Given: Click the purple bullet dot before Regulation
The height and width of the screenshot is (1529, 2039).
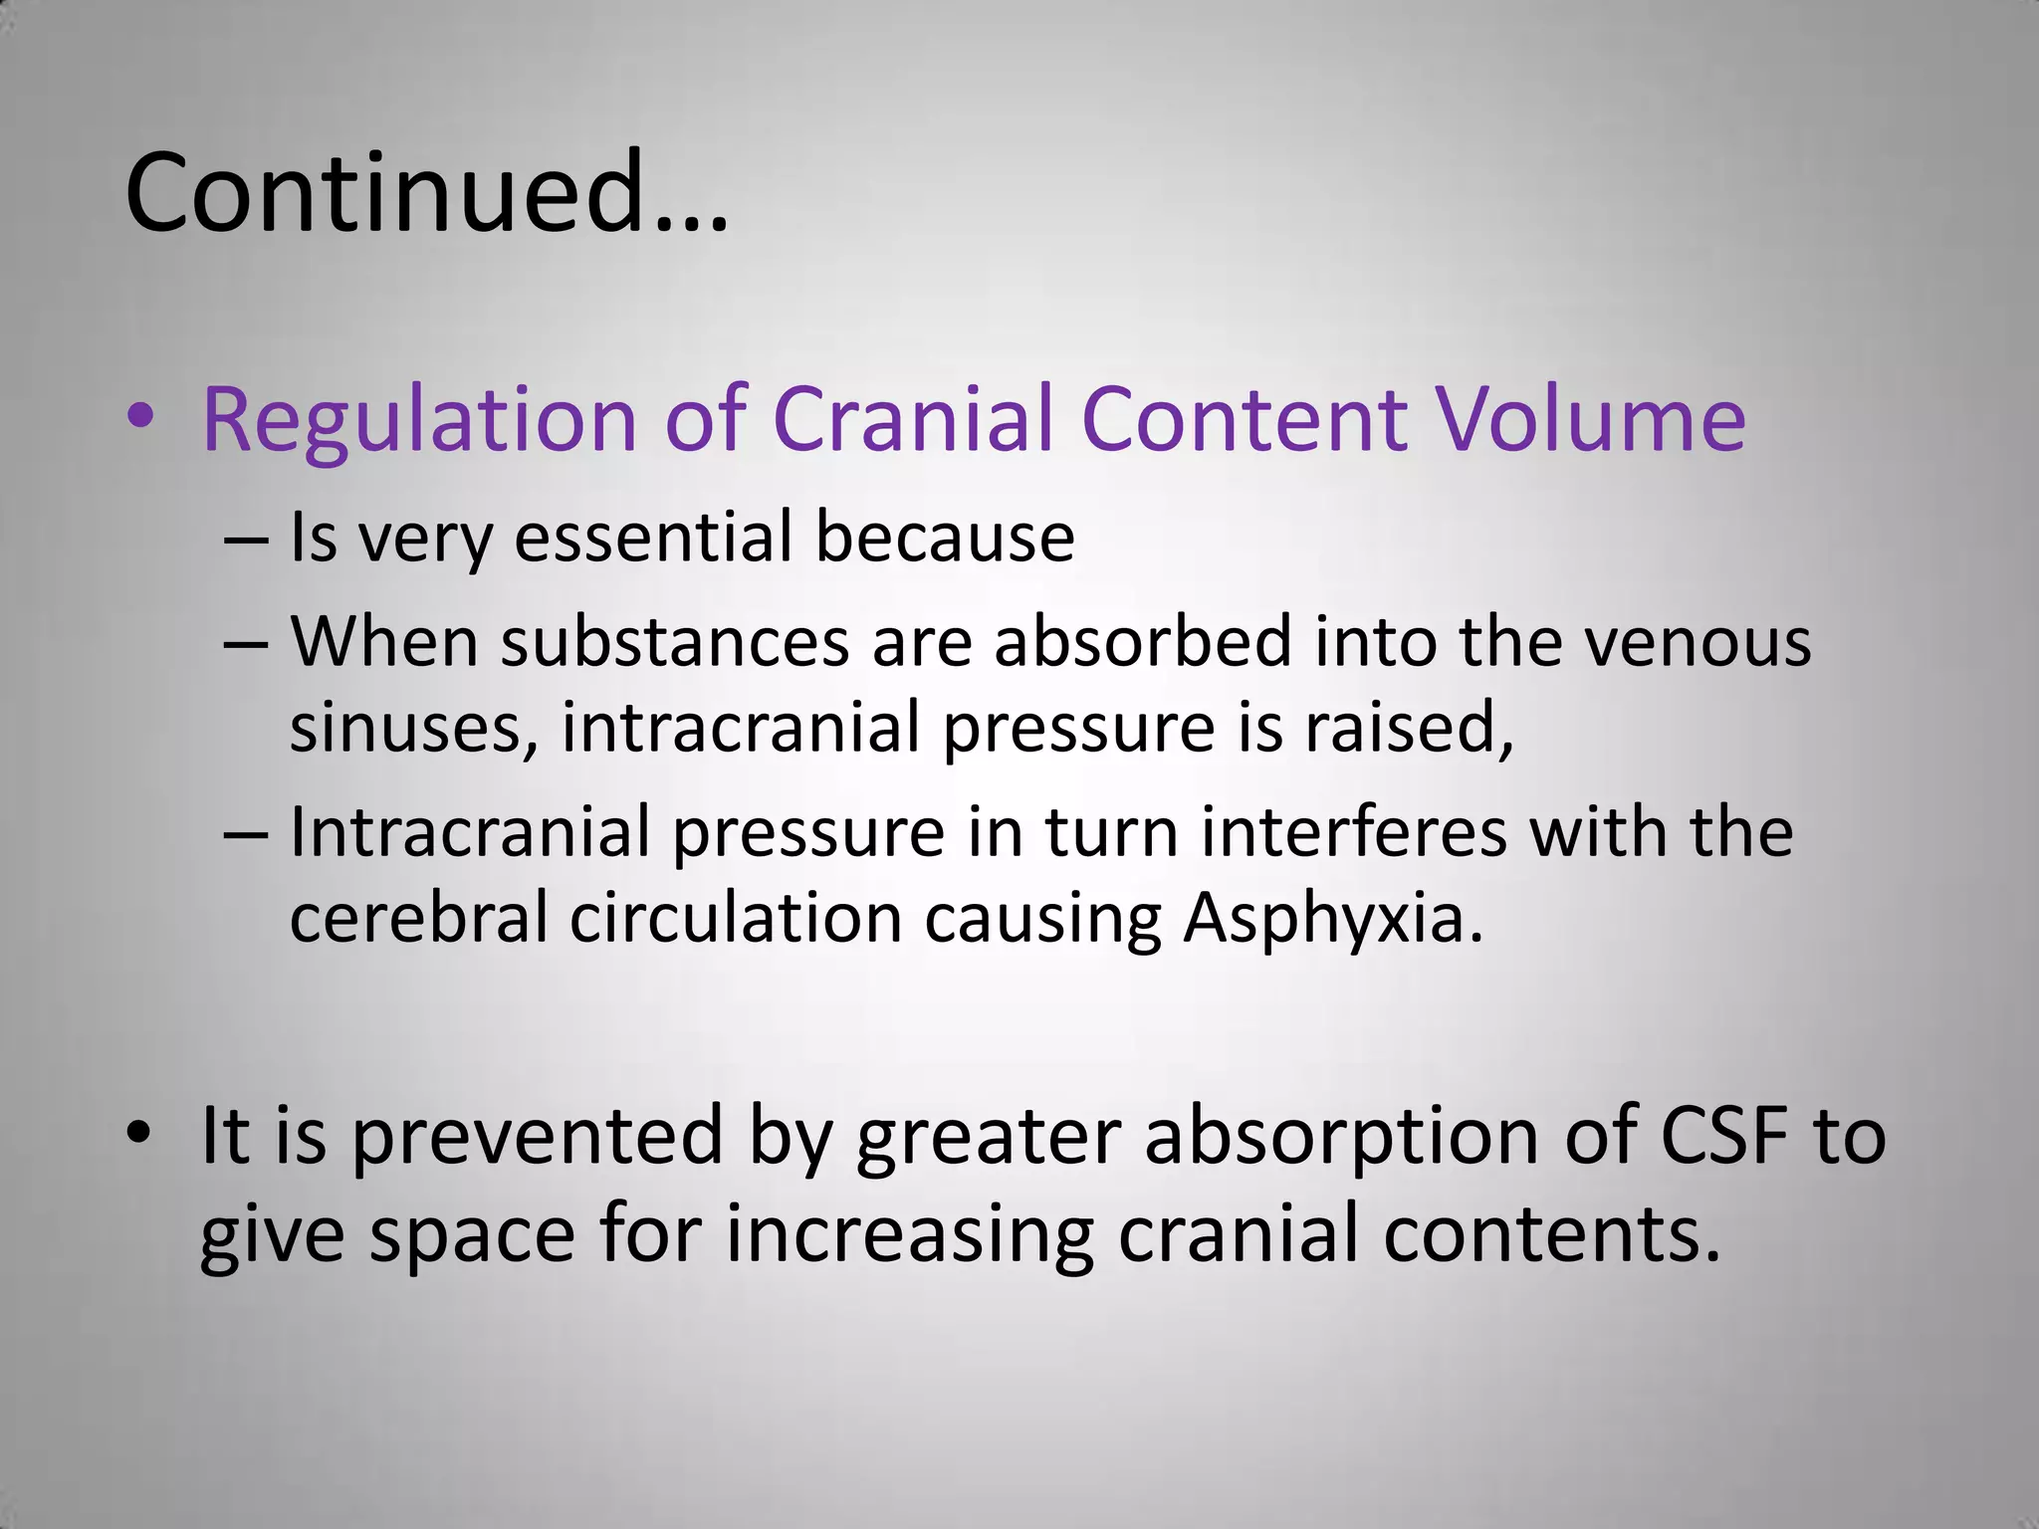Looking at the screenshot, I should [140, 418].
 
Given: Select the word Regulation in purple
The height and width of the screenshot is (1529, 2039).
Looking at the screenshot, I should [419, 419].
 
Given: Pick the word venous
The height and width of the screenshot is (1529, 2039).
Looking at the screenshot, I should [1698, 642].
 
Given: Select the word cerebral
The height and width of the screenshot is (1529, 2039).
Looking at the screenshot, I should [418, 918].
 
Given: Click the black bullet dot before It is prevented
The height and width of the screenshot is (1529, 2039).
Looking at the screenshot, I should [140, 1135].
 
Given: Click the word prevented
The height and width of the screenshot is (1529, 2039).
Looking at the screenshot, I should [537, 1138].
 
